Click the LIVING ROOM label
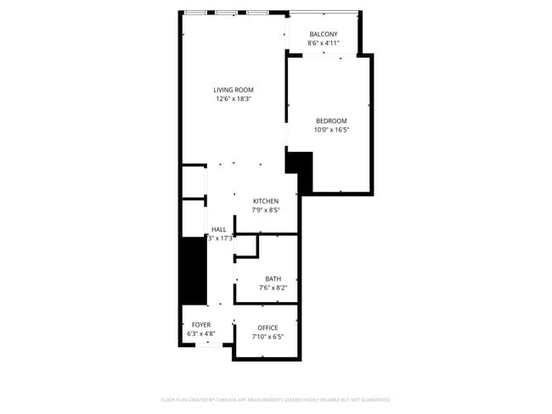(x=234, y=90)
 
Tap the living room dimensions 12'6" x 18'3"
(x=234, y=99)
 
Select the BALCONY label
(x=324, y=34)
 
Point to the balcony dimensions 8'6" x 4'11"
(x=324, y=43)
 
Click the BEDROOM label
(x=331, y=120)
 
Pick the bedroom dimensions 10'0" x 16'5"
(x=331, y=130)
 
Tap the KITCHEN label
(x=265, y=201)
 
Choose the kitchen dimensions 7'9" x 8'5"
(x=265, y=210)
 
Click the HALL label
(x=219, y=229)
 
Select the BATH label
(x=273, y=278)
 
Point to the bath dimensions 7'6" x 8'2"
(x=273, y=288)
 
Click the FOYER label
(x=201, y=325)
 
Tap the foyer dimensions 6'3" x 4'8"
(x=201, y=333)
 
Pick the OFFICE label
(x=268, y=327)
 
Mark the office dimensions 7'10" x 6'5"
(x=268, y=337)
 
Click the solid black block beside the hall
(x=194, y=270)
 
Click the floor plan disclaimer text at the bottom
(x=275, y=400)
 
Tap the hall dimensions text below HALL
(x=220, y=238)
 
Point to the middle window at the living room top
(x=226, y=12)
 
